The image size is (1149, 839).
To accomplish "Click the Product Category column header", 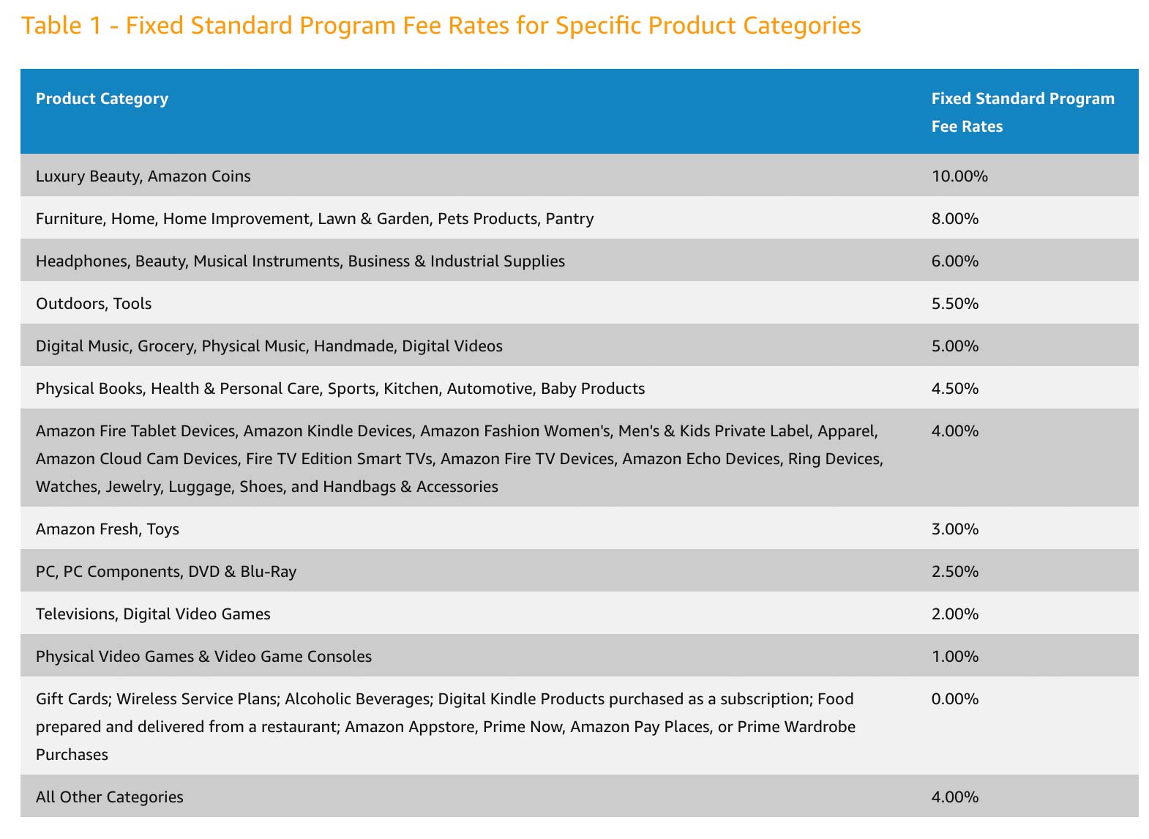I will pos(102,99).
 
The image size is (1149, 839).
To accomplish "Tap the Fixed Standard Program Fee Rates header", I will pos(1022,112).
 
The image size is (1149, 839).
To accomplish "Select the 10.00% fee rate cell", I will pos(959,176).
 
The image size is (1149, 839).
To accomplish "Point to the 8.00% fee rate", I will pos(954,219).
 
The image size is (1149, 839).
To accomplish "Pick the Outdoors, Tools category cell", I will pos(94,304).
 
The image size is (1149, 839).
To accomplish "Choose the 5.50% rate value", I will pos(954,304).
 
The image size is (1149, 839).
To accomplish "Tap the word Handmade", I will pos(353,346).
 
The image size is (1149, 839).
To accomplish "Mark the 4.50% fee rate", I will pos(954,389).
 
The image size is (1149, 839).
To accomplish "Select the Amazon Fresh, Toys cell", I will pos(108,529).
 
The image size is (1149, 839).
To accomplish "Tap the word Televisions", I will pos(75,614).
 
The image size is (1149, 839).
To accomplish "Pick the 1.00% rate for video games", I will pos(954,657).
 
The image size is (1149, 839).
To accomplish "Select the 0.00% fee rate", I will pos(954,699).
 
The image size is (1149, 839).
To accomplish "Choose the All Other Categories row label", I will pos(110,797).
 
